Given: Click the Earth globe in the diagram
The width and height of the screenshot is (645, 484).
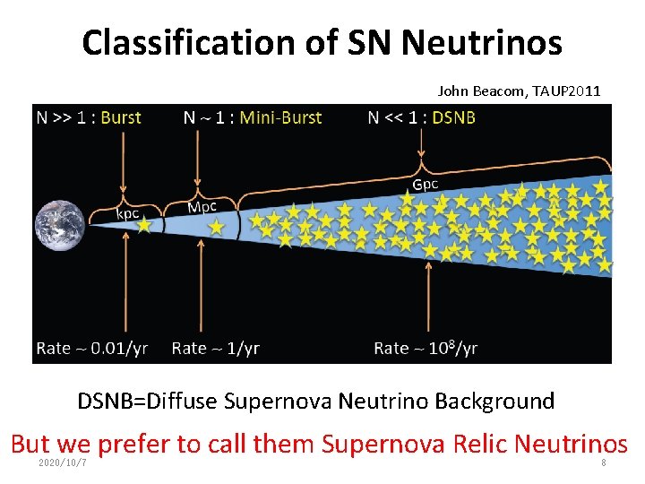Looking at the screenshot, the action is tap(60, 224).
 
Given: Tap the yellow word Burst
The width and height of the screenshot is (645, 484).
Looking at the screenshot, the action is tap(120, 117).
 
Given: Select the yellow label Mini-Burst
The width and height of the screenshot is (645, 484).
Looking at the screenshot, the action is tap(280, 117).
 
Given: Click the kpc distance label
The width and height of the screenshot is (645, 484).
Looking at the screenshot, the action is tap(129, 213).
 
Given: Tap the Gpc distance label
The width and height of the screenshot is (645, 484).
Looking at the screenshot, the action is tap(426, 185).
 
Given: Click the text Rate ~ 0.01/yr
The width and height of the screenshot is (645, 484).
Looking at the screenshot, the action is tap(91, 348).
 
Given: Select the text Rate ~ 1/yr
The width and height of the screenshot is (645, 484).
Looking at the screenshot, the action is tap(215, 348).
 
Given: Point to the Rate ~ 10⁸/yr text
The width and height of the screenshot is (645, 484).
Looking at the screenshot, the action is tap(426, 348).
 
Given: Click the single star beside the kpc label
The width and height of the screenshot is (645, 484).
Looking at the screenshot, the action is tap(143, 226).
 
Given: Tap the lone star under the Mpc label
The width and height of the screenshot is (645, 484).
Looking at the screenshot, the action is tap(216, 228).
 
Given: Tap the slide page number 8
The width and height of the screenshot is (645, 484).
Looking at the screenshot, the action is tap(604, 462).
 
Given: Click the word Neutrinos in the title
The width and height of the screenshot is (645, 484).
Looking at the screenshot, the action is tap(482, 42).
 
